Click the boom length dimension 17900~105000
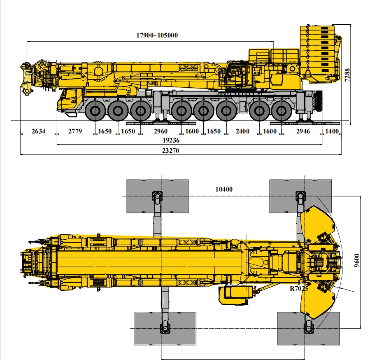point(157,35)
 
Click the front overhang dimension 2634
point(38,131)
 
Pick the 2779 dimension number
point(75,131)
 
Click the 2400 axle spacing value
point(242,131)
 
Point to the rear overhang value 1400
point(332,131)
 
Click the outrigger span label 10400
point(224,189)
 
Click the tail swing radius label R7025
point(299,289)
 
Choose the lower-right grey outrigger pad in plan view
point(309,328)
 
